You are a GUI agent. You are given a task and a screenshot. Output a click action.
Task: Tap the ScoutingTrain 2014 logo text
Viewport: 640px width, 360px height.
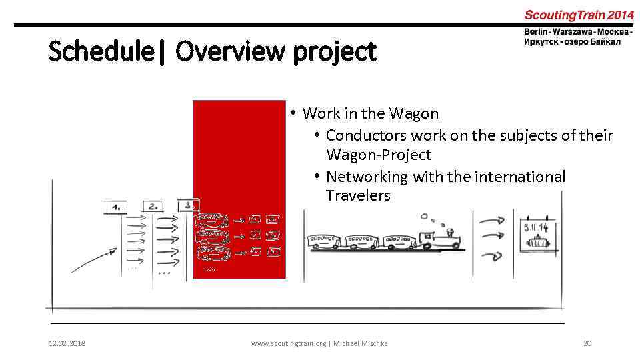tap(579, 14)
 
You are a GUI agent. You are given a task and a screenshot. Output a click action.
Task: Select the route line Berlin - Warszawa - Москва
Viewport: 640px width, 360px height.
tap(578, 32)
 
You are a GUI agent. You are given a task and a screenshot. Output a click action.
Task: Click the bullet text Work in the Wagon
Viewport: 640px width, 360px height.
tap(370, 113)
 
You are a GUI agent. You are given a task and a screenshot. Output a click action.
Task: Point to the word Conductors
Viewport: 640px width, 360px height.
tap(366, 135)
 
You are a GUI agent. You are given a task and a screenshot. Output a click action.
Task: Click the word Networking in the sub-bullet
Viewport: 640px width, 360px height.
tap(367, 177)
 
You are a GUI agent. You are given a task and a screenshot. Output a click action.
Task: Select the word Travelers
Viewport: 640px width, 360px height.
tap(358, 196)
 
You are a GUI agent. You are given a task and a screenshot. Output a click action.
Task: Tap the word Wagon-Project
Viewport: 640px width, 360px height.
tap(379, 155)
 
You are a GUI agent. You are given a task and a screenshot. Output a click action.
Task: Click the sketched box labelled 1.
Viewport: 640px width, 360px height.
tap(116, 207)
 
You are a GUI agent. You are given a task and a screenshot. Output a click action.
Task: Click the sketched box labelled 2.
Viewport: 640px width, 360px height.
tap(153, 207)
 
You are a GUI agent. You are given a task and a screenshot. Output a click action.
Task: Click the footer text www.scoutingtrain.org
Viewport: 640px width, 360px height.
tap(289, 343)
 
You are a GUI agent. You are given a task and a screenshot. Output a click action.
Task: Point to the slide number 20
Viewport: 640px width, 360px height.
tap(587, 343)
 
